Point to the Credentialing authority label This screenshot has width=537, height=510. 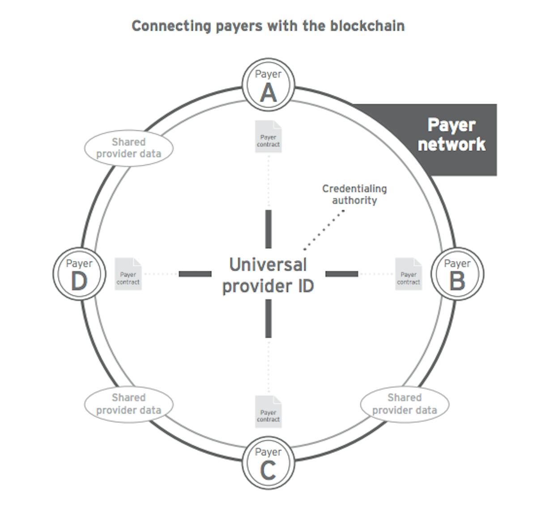pos(354,194)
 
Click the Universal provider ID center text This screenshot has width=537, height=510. pos(268,275)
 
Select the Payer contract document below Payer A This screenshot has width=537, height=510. pos(268,137)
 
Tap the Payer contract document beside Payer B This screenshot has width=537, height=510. pos(409,274)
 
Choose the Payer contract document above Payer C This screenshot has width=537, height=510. pos(268,411)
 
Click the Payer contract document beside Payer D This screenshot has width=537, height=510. pos(128,274)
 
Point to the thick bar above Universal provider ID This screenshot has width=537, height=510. pos(268,229)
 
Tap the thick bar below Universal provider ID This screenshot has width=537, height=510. pos(268,318)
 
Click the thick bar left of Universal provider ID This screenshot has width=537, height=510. pos(195,274)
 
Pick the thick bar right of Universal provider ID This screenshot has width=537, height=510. pos(341,274)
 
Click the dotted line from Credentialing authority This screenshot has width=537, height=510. pos(324,230)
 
